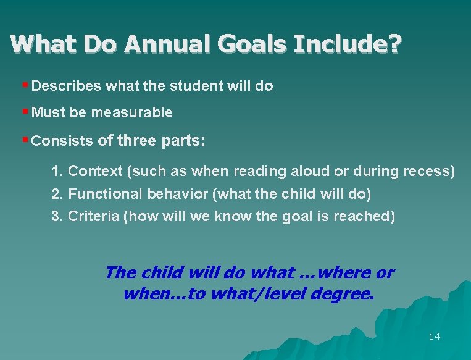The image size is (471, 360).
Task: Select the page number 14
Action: (x=434, y=337)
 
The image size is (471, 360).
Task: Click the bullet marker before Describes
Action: (x=24, y=85)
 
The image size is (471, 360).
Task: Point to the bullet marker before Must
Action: (x=24, y=111)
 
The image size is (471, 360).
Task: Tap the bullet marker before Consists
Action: (x=24, y=139)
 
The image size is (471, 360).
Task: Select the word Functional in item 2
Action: (x=106, y=194)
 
